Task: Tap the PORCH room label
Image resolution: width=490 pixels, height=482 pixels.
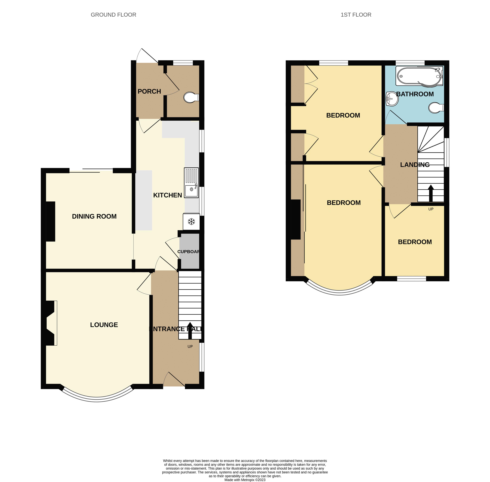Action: coord(149,91)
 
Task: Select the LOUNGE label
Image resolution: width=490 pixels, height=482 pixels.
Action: coord(104,325)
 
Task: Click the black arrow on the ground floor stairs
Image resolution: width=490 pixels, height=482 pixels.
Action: coord(190,330)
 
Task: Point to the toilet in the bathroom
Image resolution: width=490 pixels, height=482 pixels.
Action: coord(436,108)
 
